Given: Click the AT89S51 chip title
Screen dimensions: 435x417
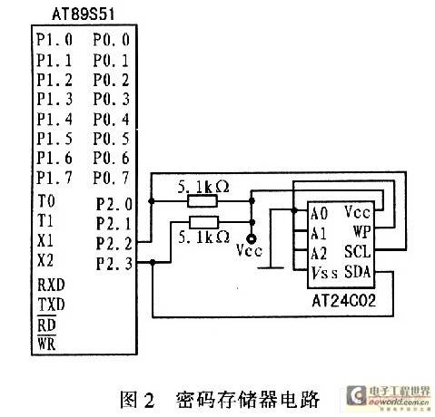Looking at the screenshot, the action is point(84,15).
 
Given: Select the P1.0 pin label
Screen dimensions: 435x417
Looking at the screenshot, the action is point(54,40).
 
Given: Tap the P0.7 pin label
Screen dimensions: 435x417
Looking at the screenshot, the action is point(111,178).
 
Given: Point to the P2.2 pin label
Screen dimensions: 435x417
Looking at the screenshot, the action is point(114,243).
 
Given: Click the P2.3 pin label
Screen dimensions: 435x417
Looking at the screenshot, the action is point(114,263).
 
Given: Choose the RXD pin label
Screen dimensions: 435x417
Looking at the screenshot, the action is point(51,285).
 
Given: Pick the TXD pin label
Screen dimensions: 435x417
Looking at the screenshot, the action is point(51,305).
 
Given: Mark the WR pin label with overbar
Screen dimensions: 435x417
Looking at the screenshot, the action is point(46,343).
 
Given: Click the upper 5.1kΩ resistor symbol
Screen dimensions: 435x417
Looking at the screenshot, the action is point(203,201).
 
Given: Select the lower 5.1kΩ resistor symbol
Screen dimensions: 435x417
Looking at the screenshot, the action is point(203,222).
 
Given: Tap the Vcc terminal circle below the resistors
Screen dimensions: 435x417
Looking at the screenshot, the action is point(252,239).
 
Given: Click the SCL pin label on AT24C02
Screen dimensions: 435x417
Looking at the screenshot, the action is point(358,252).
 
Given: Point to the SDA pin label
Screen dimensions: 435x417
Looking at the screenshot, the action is point(358,272).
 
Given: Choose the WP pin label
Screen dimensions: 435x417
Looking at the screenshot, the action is point(362,232).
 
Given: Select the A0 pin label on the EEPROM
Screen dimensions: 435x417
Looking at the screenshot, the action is point(319,214).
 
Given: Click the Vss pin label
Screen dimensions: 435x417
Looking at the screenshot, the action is point(324,273).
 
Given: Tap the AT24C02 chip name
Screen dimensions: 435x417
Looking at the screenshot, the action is point(343,301).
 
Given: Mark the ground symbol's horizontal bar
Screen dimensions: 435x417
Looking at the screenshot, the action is point(271,267).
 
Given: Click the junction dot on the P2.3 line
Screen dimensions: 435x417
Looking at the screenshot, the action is point(153,262).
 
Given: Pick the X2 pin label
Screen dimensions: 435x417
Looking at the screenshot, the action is point(45,260).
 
